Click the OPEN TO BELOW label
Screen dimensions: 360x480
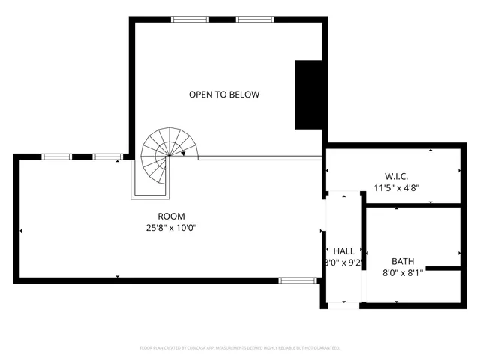[x=223, y=94]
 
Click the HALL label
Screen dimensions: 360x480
[x=344, y=251]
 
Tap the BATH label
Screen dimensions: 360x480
[x=403, y=262]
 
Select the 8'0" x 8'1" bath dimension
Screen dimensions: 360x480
[x=403, y=273]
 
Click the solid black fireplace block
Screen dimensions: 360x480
[x=308, y=94]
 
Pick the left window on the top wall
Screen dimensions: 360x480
[x=190, y=19]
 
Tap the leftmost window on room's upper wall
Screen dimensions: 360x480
[x=56, y=157]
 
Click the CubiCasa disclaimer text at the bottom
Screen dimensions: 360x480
[x=240, y=348]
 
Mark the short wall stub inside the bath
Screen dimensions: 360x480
[x=442, y=268]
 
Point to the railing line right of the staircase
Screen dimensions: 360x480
[x=259, y=157]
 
